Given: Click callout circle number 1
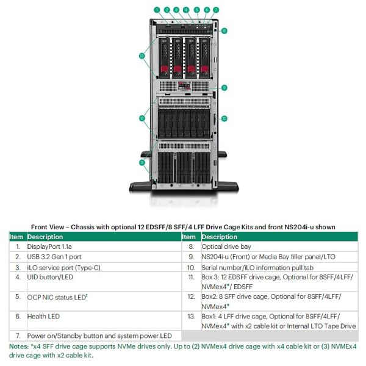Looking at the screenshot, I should click(x=157, y=10).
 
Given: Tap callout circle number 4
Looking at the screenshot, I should click(x=186, y=10).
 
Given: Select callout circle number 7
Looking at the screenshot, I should click(x=215, y=10).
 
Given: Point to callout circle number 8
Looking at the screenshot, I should click(x=224, y=30).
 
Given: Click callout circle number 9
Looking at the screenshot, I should click(x=224, y=88).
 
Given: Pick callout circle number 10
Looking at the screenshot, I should click(x=224, y=118).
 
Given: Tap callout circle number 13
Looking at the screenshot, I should click(x=142, y=56).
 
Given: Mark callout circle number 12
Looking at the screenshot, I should click(x=142, y=117).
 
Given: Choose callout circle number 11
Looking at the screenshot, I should click(x=142, y=163).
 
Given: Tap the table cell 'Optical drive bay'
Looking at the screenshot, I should click(x=224, y=246).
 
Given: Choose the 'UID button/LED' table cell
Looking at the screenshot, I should click(x=49, y=277).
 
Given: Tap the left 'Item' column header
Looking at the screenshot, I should click(x=16, y=237).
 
